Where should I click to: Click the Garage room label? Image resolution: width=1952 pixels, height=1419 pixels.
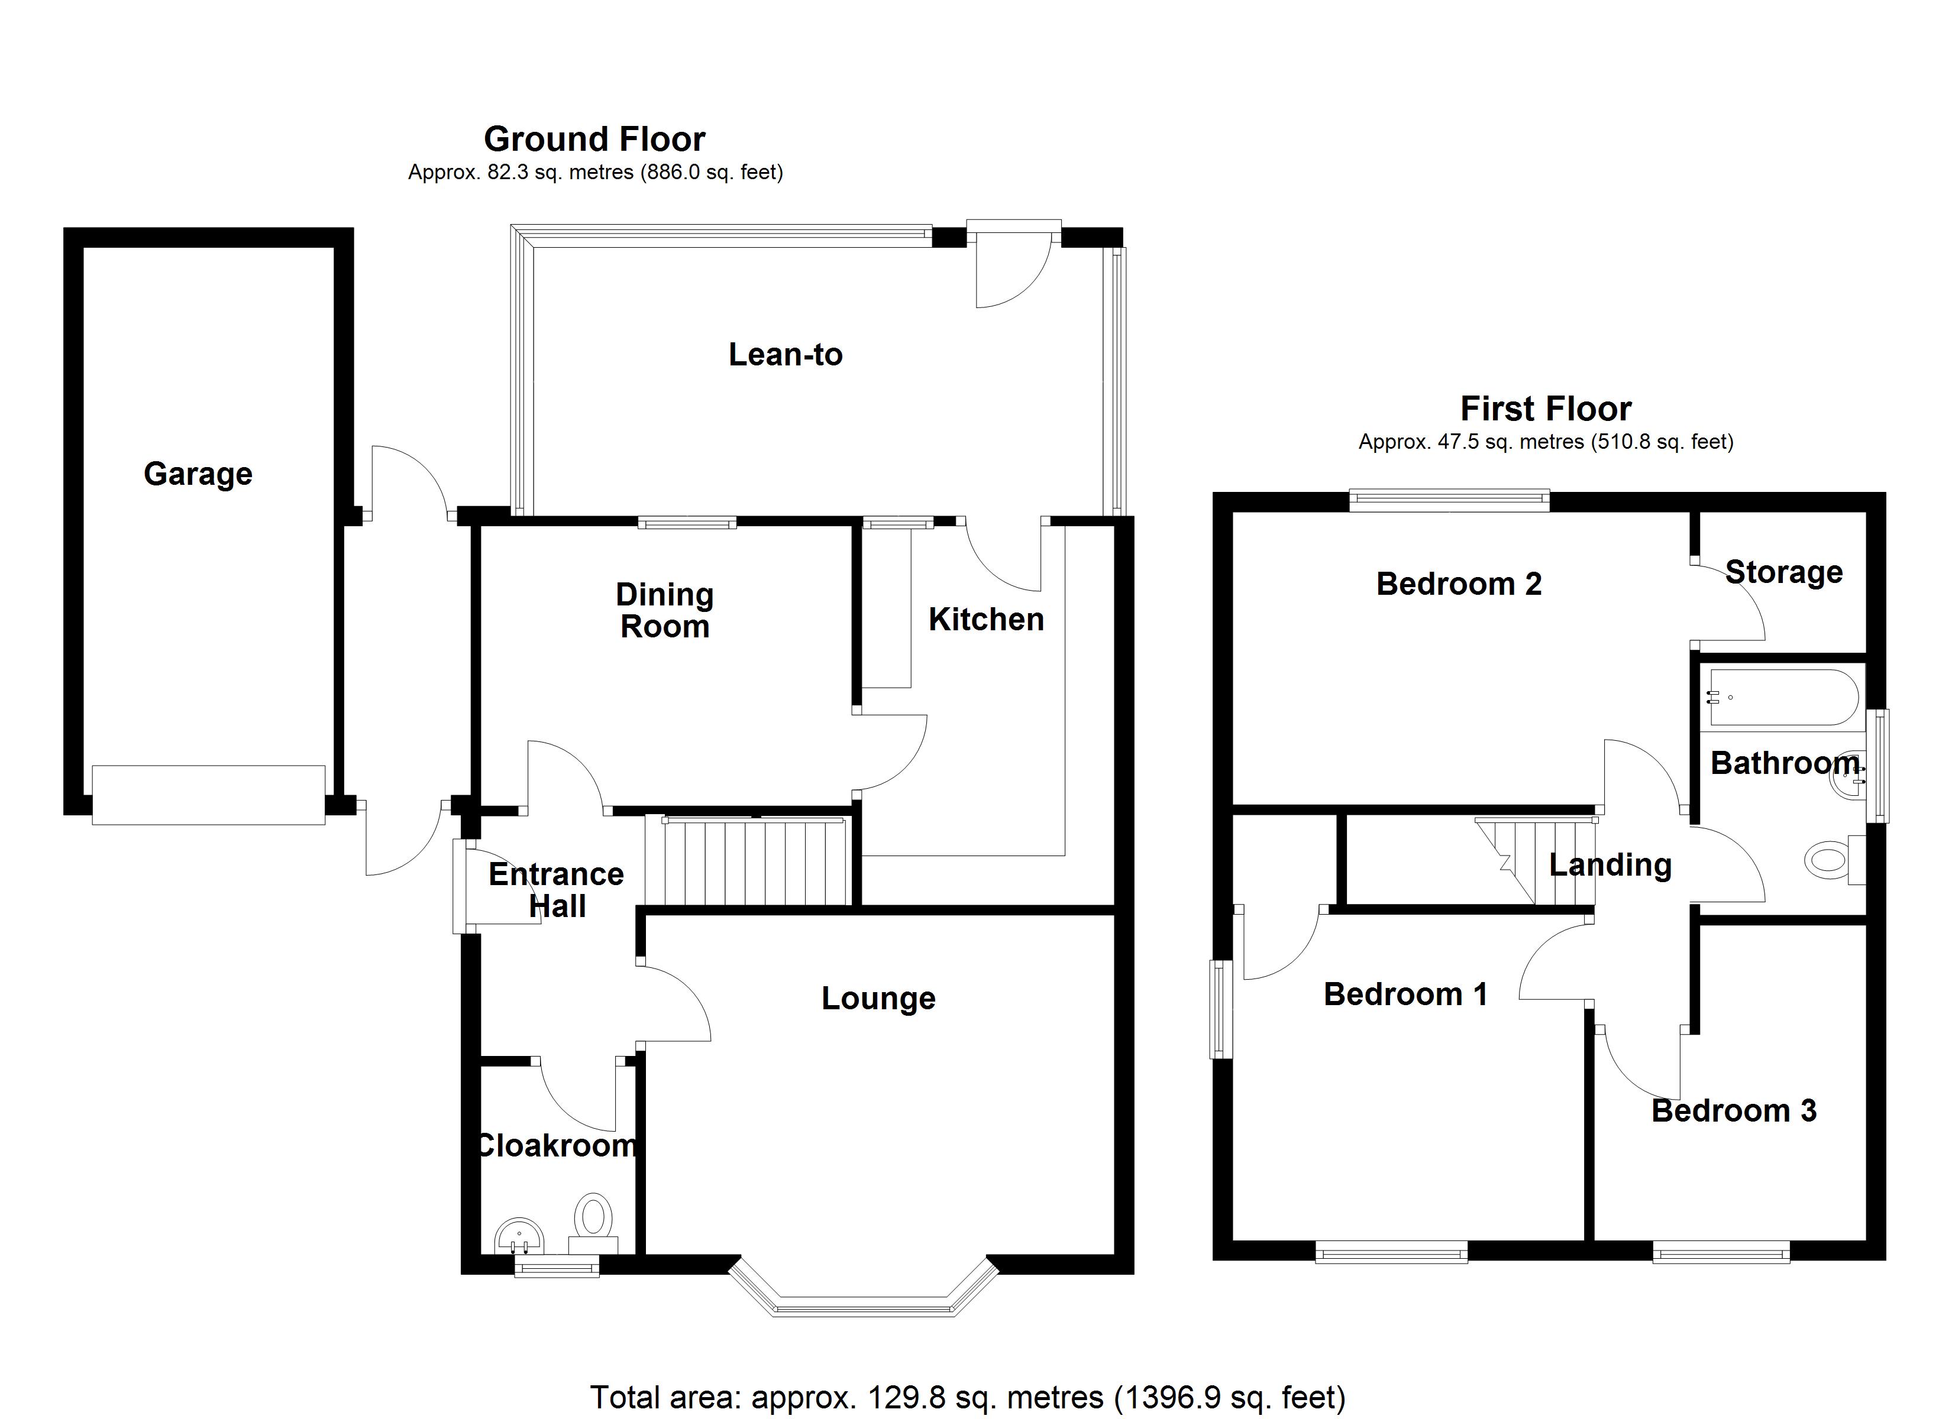(x=198, y=474)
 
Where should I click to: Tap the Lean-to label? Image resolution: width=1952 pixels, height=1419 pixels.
(x=785, y=355)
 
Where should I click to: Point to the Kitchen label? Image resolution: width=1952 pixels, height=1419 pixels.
(x=986, y=620)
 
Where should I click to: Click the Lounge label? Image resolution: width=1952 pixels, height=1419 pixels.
(x=878, y=998)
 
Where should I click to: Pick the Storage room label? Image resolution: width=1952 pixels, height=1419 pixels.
(x=1783, y=572)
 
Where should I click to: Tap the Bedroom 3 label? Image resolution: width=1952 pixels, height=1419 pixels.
(x=1733, y=1111)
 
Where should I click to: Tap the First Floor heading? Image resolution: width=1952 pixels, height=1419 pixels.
(x=1546, y=409)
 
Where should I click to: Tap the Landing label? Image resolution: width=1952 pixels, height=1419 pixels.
(x=1610, y=865)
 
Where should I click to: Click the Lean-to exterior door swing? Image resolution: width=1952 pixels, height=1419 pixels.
(x=1014, y=265)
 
